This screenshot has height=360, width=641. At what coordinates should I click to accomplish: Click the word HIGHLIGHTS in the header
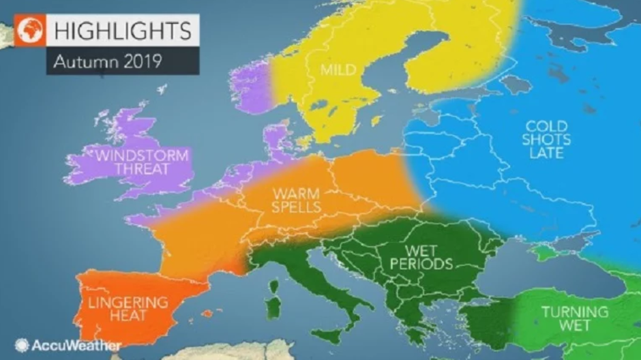click(x=122, y=30)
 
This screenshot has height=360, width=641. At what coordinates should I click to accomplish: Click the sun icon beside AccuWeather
click(x=22, y=346)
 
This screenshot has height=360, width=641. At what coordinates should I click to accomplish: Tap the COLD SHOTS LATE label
click(x=547, y=140)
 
